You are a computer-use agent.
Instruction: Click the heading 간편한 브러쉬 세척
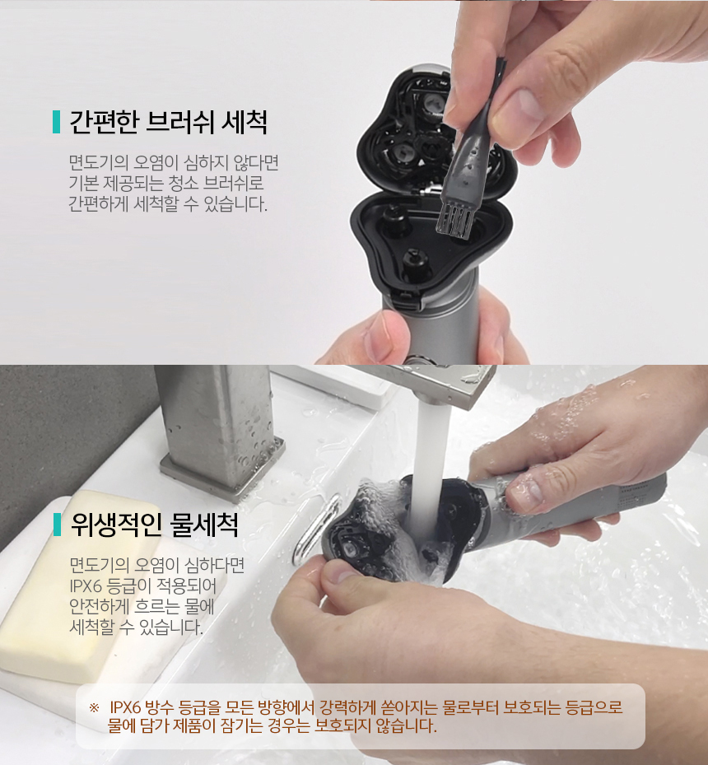168,122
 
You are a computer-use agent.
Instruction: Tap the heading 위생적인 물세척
155,525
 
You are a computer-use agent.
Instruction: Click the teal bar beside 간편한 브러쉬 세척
56,122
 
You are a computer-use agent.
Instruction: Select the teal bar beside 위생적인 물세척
57,525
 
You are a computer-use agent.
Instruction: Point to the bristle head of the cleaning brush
455,222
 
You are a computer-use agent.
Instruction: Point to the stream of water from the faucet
431,469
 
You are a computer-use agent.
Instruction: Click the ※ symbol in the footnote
94,707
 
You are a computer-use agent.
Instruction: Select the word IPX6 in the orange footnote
125,707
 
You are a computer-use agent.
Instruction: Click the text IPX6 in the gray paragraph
86,585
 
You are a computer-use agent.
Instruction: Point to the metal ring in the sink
316,529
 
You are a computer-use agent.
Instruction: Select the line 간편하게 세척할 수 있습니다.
168,203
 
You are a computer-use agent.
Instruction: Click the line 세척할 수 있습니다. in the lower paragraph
136,627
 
